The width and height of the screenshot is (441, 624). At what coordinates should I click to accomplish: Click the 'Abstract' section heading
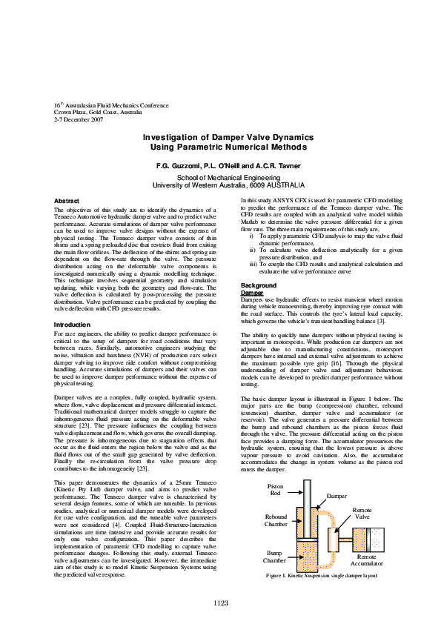coord(67,202)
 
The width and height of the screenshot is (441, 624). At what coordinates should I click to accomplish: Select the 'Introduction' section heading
coord(73,325)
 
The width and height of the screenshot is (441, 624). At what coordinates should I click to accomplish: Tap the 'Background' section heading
coord(259,285)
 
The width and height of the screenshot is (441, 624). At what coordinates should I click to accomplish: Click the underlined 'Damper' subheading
coord(252,293)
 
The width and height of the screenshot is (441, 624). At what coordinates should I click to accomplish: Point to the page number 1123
coord(220,603)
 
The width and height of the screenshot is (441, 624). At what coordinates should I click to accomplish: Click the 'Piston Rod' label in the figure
coord(275,490)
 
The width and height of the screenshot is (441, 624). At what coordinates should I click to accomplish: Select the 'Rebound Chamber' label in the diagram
coord(276,520)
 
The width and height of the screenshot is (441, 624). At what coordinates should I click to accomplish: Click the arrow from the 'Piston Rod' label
coord(294,495)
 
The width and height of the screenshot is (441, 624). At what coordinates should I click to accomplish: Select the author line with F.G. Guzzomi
coord(219,164)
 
